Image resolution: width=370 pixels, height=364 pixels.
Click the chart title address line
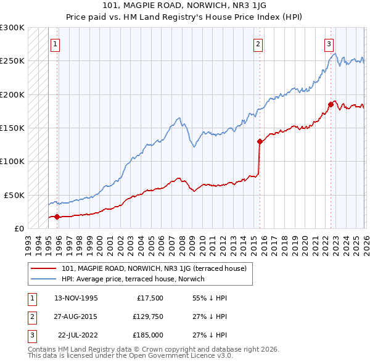[184, 6]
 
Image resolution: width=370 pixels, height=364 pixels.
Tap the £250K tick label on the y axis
[12, 61]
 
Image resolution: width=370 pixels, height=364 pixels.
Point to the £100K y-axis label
[12, 161]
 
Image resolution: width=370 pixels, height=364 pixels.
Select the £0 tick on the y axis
[19, 228]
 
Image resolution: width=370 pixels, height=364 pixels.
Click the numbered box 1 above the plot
[55, 44]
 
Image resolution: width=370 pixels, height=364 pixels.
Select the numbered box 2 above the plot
[257, 44]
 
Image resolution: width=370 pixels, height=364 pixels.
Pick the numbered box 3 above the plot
[329, 44]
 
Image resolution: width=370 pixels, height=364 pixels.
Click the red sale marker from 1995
[57, 217]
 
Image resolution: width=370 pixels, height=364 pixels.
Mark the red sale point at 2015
[260, 141]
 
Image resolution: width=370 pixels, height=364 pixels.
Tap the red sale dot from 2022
[331, 104]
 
